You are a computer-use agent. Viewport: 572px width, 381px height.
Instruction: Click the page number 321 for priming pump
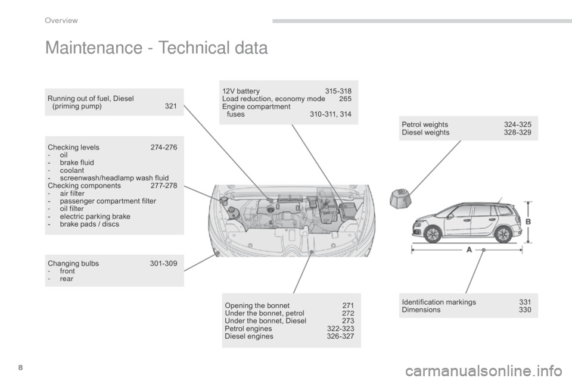coord(171,106)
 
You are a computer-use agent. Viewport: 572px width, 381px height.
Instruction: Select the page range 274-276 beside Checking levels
coord(164,147)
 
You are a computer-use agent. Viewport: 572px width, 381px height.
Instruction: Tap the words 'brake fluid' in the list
coord(77,163)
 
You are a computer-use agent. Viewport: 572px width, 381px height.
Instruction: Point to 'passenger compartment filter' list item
coord(108,201)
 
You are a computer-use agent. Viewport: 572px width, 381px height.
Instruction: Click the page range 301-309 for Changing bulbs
coord(163,263)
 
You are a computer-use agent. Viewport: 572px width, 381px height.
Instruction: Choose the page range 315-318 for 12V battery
coord(338,91)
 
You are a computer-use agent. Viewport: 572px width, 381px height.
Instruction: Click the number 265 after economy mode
coord(345,99)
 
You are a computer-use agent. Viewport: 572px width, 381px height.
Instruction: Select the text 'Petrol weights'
coord(425,124)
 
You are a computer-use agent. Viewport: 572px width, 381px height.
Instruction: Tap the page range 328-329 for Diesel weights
coord(518,132)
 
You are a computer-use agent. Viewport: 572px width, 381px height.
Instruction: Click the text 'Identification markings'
coord(439,302)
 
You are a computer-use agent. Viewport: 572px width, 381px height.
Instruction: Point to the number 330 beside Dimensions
coord(525,310)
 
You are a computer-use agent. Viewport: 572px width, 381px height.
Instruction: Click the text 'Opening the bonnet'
coord(257,305)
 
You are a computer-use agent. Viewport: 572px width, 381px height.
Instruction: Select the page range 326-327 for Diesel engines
coord(340,336)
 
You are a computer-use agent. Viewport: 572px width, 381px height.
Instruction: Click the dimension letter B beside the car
coord(528,221)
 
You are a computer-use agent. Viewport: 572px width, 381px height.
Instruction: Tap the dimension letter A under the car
coord(469,250)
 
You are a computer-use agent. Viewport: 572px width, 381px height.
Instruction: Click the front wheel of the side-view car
coord(433,234)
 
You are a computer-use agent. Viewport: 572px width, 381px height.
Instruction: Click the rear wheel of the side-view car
coord(504,234)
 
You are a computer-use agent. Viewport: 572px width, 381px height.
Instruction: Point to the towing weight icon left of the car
coord(400,198)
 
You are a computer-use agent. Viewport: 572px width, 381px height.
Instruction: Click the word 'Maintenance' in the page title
coord(94,48)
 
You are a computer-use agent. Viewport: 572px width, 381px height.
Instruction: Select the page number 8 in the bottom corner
coord(20,367)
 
